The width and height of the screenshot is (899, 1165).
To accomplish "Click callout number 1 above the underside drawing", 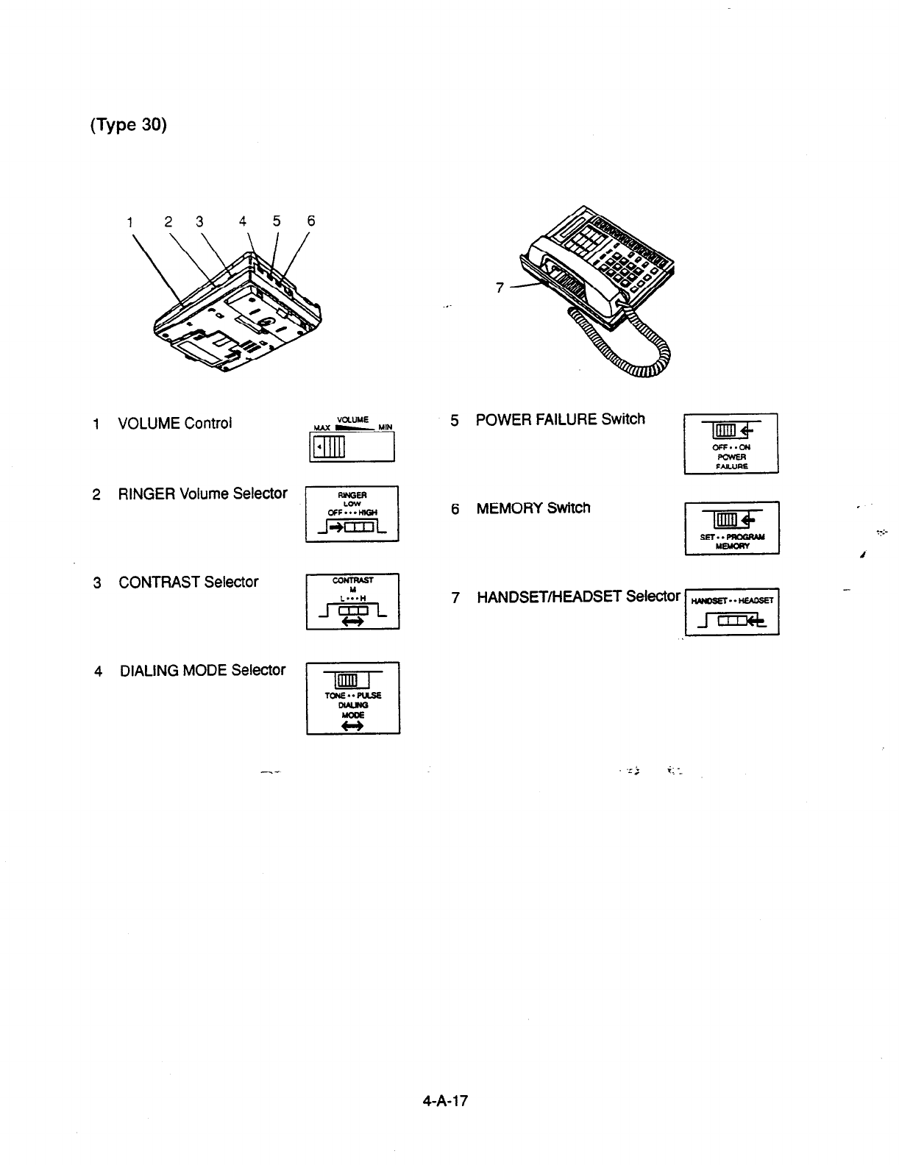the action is point(130,221).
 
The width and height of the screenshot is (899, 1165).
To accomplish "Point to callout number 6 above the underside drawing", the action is point(310,221).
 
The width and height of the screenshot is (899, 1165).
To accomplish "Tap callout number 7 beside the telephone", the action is point(500,288).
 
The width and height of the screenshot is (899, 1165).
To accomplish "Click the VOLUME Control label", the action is point(174,424).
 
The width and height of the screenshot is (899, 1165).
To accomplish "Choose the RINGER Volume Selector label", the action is point(202,494).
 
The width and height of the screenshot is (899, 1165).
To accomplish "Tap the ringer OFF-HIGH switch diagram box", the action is point(352,514).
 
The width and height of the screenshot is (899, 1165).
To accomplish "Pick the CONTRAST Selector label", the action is point(188,582).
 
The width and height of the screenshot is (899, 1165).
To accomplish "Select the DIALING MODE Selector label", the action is point(202,671).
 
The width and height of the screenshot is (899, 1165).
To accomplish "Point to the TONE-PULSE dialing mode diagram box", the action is point(353,698).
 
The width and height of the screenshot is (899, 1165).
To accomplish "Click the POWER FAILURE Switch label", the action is point(560,419).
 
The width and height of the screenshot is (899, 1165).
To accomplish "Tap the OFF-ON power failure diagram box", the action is point(731,444).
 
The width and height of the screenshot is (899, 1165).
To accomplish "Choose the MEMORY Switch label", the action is point(533,508).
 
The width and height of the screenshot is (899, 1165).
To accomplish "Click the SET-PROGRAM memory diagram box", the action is point(731,527).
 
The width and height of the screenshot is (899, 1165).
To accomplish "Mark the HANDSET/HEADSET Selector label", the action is point(578,596).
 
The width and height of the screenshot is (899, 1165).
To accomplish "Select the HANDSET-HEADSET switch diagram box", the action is point(731,611).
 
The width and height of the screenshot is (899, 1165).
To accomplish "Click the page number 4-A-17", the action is point(445,1101).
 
